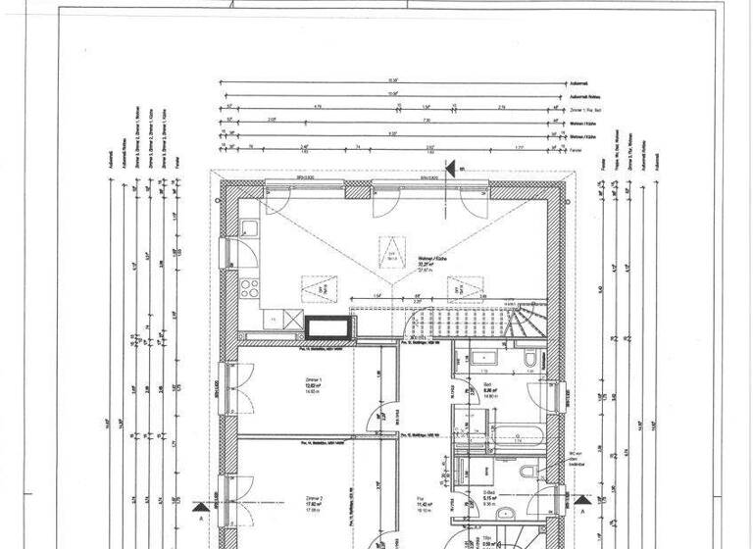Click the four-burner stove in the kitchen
pos(248,288)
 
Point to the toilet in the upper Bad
pos(527,357)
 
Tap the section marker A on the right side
pos(580,510)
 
